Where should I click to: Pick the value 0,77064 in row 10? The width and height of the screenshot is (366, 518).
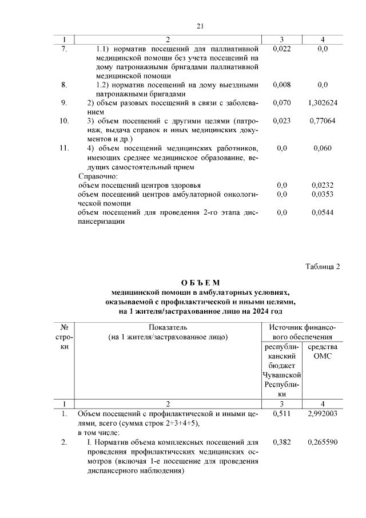pyautogui.click(x=323, y=121)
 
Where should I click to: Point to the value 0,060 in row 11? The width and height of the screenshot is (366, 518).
pyautogui.click(x=323, y=148)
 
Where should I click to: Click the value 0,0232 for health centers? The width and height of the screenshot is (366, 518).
pyautogui.click(x=323, y=185)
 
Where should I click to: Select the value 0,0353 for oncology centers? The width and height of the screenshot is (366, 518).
pyautogui.click(x=323, y=195)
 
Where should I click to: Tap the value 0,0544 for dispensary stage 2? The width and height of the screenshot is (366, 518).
pyautogui.click(x=323, y=213)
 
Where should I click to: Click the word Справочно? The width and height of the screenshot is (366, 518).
pyautogui.click(x=98, y=176)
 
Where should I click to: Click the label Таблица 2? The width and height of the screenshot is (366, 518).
pyautogui.click(x=323, y=267)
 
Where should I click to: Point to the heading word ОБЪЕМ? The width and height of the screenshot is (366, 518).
pyautogui.click(x=200, y=283)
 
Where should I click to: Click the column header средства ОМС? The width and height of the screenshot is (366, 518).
pyautogui.click(x=323, y=351)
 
